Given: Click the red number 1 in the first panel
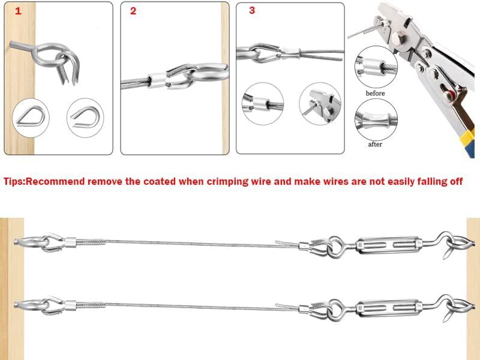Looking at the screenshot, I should point(17,11).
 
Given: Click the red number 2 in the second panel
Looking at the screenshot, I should point(133,11).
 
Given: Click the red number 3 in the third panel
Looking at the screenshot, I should point(251,10).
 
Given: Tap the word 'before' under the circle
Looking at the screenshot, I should point(375,93).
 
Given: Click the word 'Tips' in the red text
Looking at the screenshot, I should point(15,181).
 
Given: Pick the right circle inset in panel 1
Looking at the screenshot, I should point(85,116).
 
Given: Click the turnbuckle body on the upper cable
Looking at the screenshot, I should point(384,244).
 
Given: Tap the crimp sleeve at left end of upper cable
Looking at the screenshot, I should point(68,242).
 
